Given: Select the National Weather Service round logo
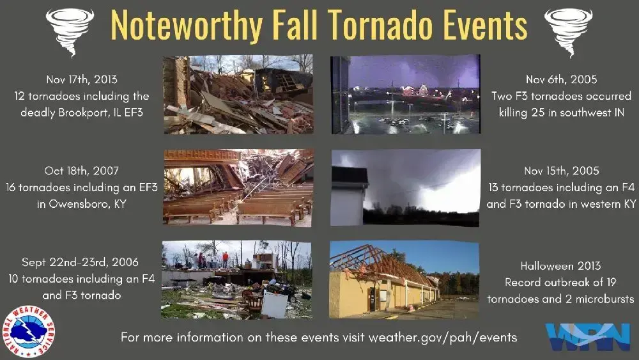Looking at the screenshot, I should [29, 331].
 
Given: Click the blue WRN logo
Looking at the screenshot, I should [586, 338].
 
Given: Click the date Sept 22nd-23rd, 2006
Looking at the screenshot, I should [80, 262].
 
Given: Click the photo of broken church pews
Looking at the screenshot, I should [238, 187].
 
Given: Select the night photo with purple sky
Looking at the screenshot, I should [404, 94].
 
